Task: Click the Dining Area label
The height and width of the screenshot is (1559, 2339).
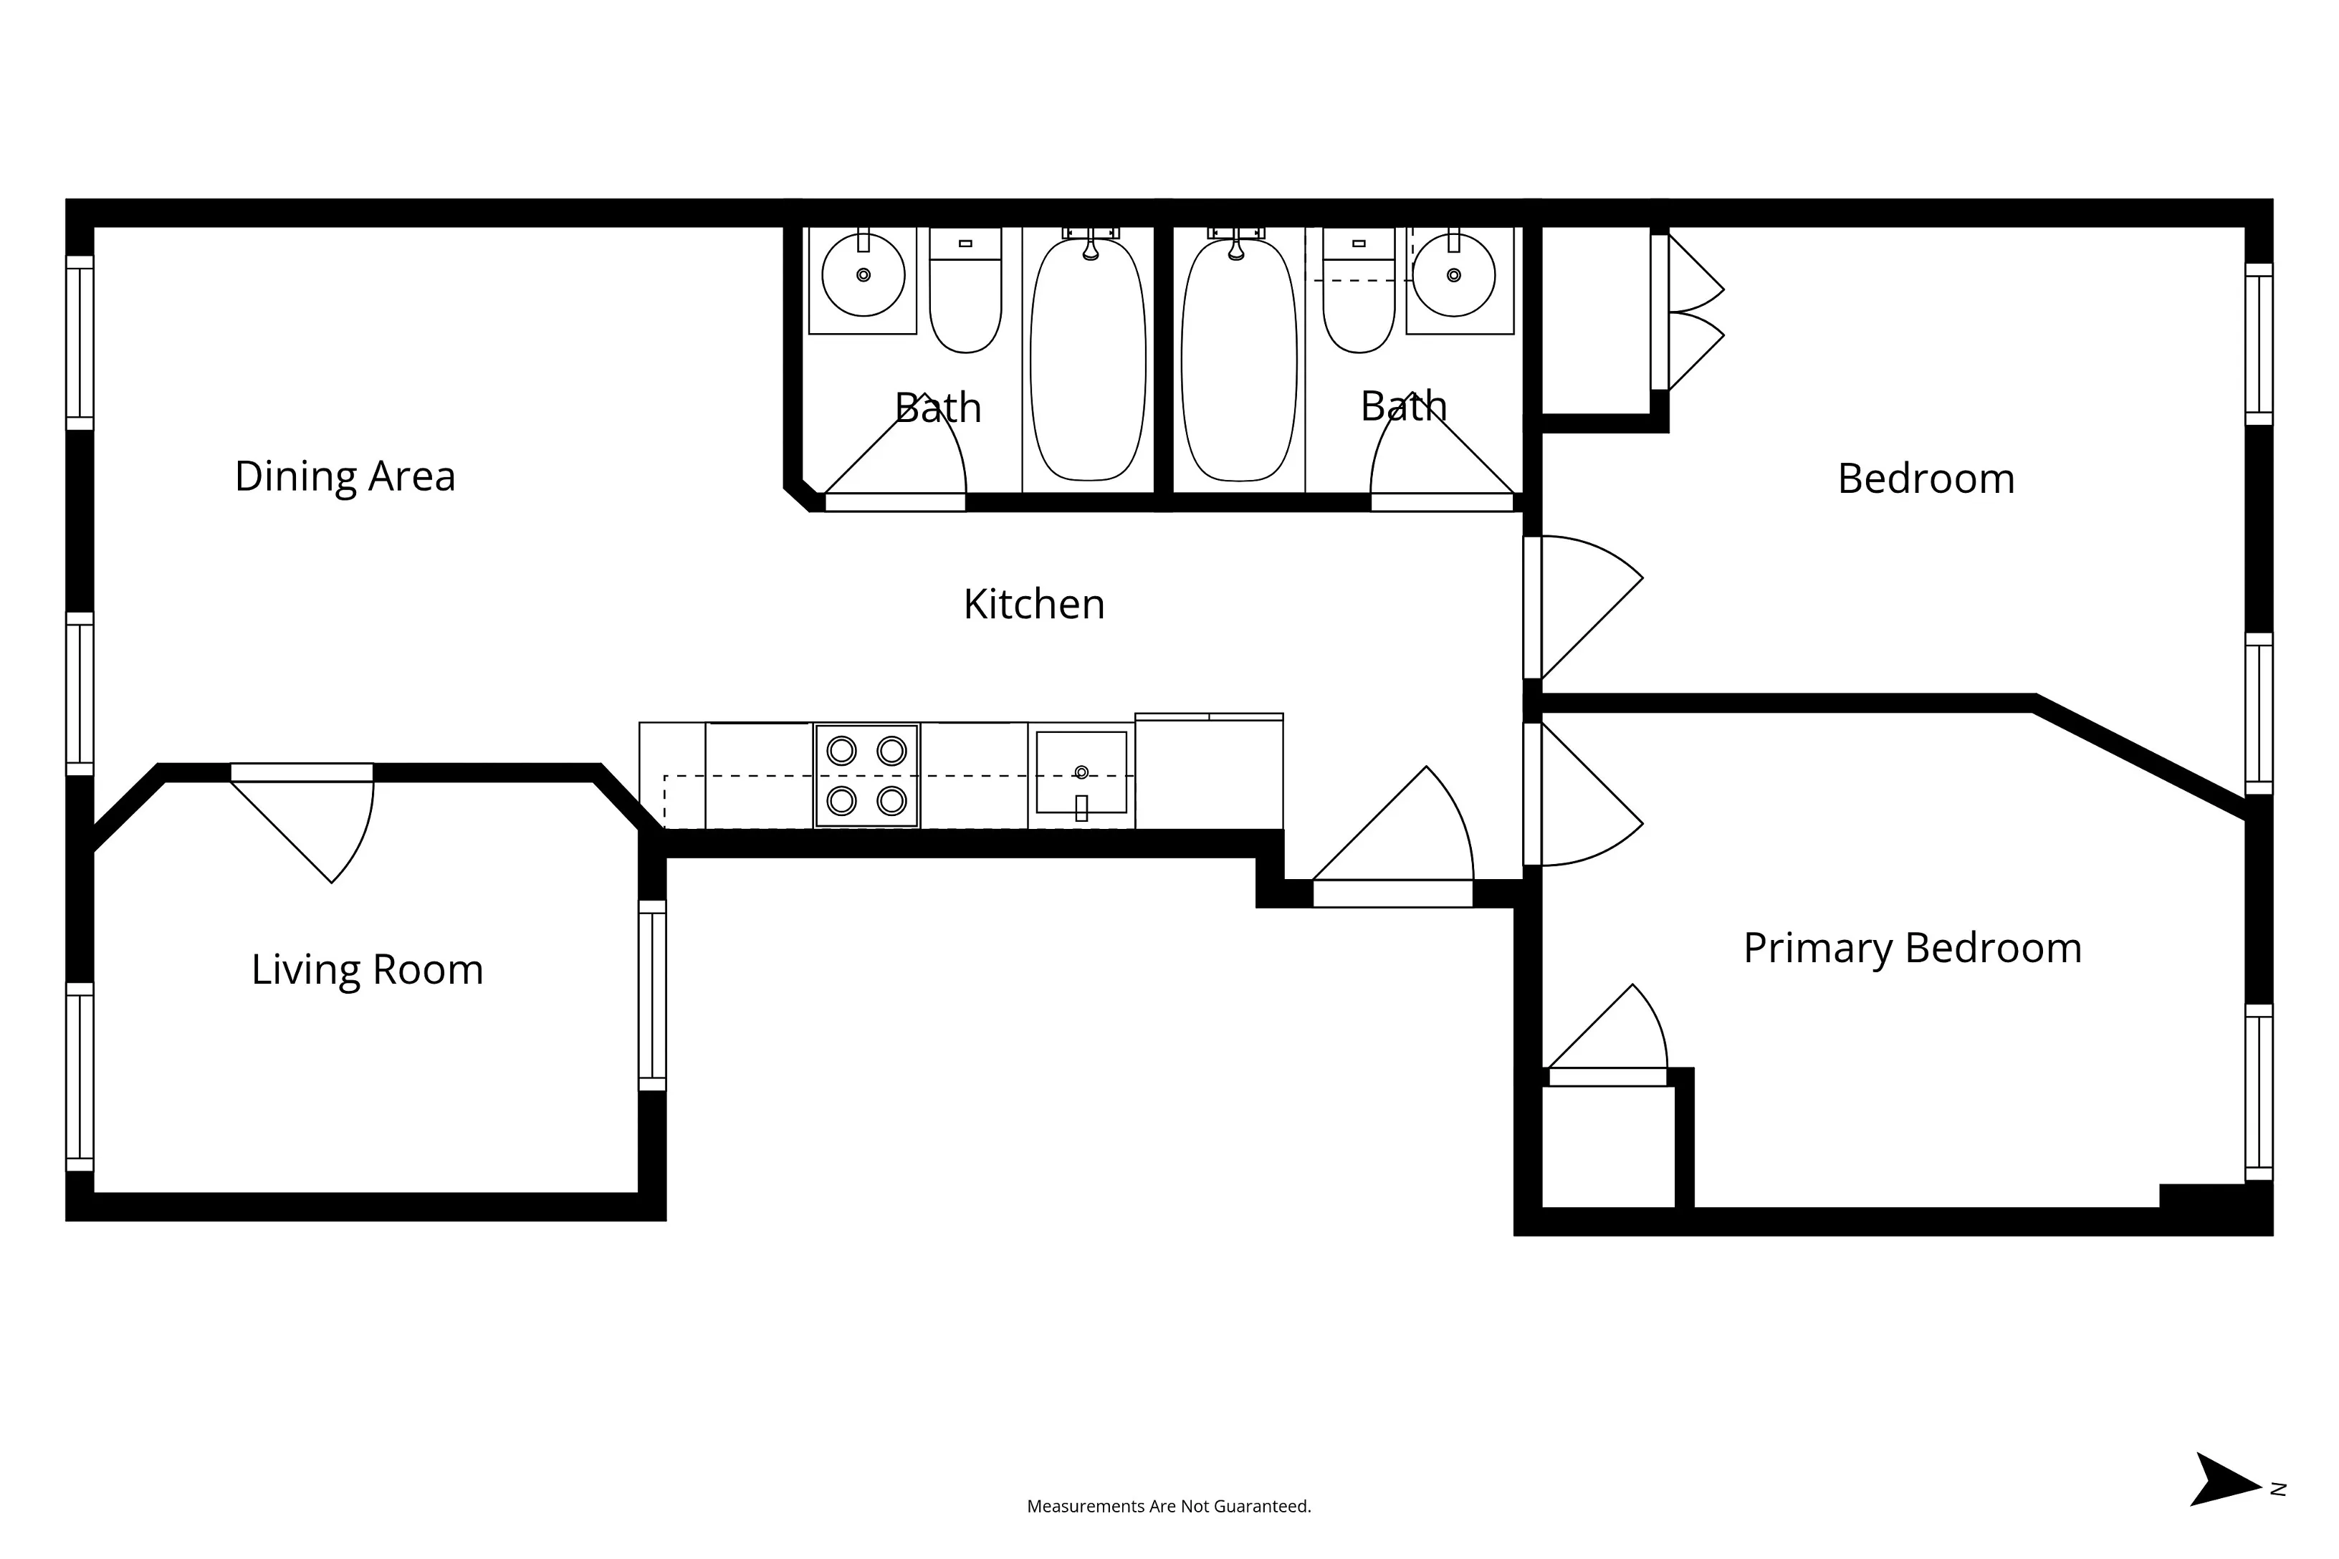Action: click(x=345, y=476)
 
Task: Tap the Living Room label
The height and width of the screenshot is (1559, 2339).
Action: click(x=367, y=969)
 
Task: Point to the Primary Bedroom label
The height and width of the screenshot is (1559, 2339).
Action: click(x=1911, y=948)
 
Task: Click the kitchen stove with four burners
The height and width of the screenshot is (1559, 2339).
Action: click(x=866, y=775)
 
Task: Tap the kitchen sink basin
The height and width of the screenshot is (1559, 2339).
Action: click(x=1081, y=772)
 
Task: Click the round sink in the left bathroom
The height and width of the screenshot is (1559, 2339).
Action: click(x=864, y=275)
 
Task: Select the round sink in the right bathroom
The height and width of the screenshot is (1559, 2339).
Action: click(x=1453, y=275)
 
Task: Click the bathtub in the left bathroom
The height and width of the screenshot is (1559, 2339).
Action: click(x=1088, y=360)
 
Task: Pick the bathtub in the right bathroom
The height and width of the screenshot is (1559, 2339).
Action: click(x=1238, y=360)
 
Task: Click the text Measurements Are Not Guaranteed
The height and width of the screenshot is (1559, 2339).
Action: click(x=1169, y=1506)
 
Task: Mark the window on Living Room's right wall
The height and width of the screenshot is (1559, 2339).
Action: click(x=652, y=995)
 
